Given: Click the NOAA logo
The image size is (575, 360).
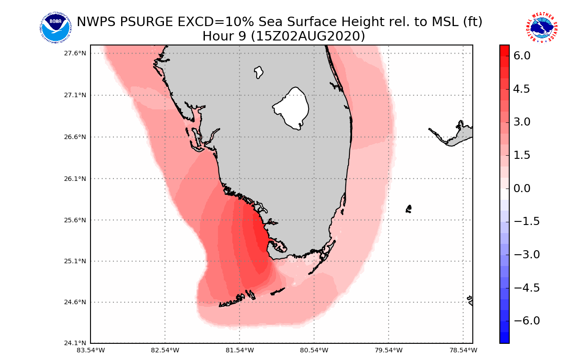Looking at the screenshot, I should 55,28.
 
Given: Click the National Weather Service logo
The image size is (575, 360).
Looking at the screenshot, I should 542,28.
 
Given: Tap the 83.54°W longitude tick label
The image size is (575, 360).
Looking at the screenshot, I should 91,350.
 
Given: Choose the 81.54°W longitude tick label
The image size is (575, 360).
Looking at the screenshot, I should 240,350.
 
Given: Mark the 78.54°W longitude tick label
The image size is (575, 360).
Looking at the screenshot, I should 463,350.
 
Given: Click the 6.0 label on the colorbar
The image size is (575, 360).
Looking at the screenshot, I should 521,56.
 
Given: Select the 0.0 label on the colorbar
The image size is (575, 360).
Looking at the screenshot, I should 521,188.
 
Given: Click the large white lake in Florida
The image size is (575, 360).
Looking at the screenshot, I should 292,108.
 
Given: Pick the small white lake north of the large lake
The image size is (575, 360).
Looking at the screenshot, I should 258,72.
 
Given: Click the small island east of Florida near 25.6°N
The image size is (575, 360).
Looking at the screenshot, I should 408,209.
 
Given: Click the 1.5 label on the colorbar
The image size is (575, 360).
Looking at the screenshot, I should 521,155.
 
